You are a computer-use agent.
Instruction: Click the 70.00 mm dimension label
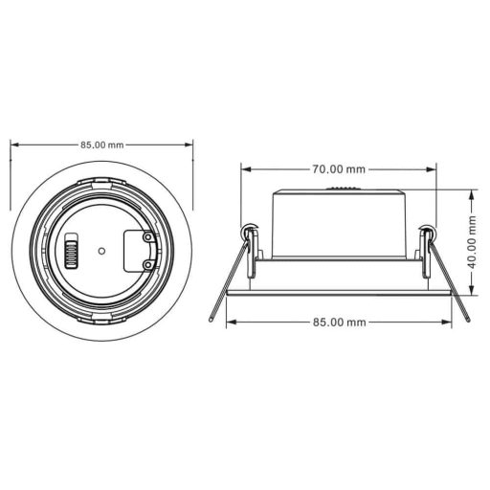coord(338,169)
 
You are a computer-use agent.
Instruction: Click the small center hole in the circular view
coord(101,252)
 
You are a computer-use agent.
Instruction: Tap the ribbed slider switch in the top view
coord(70,254)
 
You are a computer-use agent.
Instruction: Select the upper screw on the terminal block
coord(146,239)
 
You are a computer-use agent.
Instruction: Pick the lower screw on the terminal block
coord(146,264)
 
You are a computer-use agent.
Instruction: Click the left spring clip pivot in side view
coord(251,231)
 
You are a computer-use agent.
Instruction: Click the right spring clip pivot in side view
coord(426,231)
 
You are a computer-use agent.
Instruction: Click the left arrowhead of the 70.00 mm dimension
coord(245,169)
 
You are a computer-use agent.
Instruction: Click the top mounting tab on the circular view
coord(101,182)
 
